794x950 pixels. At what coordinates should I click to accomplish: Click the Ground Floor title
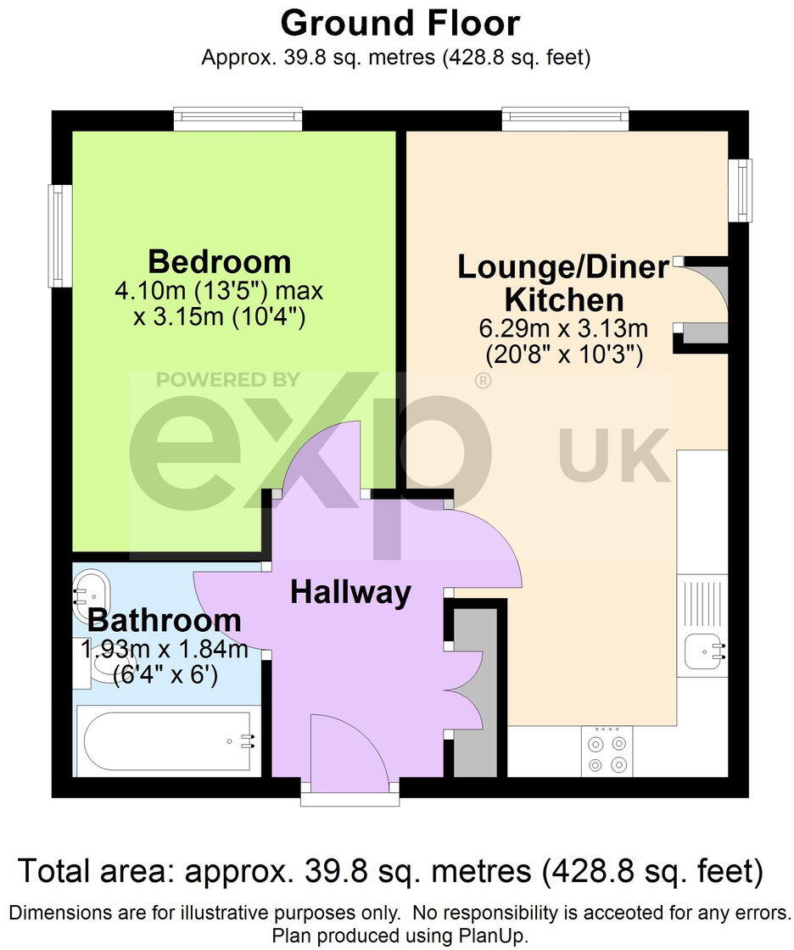(400, 23)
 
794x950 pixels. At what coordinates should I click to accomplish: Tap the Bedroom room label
(220, 260)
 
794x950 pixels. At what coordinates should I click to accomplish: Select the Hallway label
(350, 592)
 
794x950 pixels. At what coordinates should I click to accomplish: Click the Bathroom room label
(165, 620)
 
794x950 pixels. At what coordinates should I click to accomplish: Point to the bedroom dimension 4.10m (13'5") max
(220, 292)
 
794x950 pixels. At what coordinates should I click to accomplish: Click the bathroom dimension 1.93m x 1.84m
(164, 651)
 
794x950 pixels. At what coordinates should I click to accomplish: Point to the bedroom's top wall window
(238, 119)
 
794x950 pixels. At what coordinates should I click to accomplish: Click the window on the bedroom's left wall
(59, 236)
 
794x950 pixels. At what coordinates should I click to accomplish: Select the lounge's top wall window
(565, 119)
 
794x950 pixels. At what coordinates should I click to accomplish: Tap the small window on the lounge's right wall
(741, 191)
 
